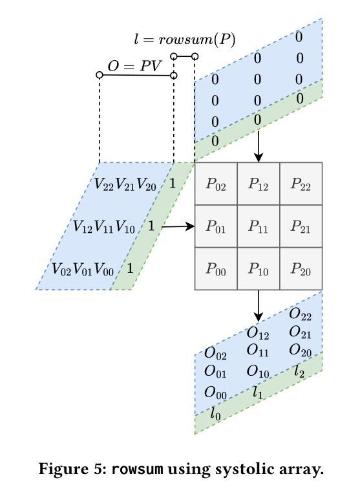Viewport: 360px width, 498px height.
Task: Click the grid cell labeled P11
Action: pos(259,226)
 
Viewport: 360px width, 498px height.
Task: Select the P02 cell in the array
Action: pos(216,184)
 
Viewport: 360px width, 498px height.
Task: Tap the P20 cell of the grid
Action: pos(301,268)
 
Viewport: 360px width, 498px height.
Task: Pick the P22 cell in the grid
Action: pos(301,184)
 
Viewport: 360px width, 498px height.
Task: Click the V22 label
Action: pos(104,184)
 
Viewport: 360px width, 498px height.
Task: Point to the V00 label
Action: pos(104,269)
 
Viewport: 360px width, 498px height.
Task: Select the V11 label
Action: pos(104,227)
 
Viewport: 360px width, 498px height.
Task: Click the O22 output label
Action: pos(301,314)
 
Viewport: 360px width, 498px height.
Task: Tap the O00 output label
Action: pos(216,393)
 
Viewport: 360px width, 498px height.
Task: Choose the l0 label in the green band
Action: pos(215,414)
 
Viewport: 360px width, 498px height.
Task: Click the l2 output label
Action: pos(299,371)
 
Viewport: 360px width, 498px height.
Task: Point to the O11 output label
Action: pos(258,351)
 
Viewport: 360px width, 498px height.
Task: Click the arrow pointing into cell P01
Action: pos(178,226)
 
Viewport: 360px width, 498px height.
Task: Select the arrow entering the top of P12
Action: pos(259,146)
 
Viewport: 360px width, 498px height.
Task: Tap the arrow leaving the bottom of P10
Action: pos(259,306)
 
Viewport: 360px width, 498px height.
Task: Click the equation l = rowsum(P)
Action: pos(185,40)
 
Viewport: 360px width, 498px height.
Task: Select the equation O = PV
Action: pos(134,66)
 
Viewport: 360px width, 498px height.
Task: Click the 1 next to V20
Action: pos(173,184)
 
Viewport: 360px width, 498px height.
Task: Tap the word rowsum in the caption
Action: pos(138,469)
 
